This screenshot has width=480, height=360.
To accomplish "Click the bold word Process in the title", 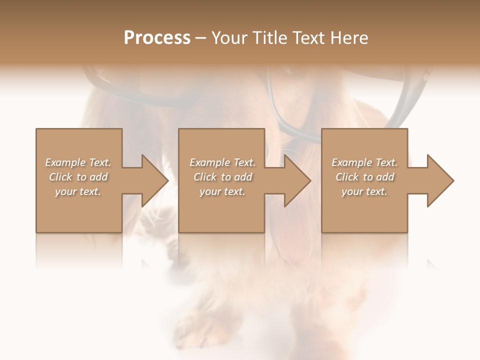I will (157, 38).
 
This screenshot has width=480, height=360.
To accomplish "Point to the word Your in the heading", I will (230, 38).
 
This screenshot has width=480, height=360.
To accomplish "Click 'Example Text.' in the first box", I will (78, 162).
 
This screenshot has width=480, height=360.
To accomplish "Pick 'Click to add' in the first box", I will (78, 177).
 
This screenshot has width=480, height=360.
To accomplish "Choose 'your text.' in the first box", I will (78, 191).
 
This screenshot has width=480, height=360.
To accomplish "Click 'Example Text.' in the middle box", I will (222, 162).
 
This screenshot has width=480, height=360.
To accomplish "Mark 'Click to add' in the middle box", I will (222, 177).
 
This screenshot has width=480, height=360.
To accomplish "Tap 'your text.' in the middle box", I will (222, 191).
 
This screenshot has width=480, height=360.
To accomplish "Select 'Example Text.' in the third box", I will (364, 162).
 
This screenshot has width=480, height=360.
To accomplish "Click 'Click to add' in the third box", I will (364, 177).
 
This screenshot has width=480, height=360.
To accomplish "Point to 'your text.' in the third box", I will (364, 191).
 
